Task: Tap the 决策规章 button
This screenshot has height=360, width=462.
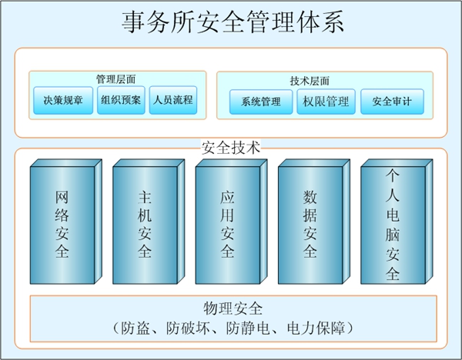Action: point(63,100)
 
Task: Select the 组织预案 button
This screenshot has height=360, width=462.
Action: point(120,100)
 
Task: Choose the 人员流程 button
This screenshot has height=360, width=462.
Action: point(172,100)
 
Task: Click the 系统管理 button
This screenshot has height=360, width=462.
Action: point(261,102)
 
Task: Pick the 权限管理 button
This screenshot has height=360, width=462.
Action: point(326,102)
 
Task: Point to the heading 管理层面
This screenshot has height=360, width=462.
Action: point(119,79)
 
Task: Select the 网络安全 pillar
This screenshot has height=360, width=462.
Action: point(62,223)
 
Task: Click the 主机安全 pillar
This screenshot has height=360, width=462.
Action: point(144,223)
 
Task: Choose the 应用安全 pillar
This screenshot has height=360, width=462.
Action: point(227,223)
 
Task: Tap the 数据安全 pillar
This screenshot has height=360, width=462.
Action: point(310,223)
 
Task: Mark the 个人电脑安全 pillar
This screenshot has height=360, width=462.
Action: point(392,223)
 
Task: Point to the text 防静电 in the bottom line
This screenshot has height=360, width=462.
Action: point(245,328)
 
